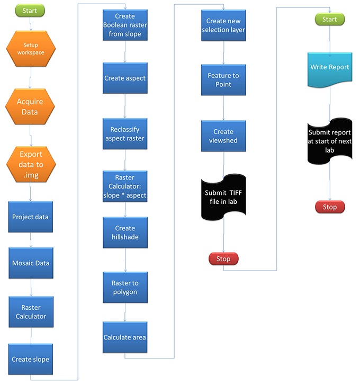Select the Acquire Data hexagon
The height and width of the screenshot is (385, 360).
tap(30, 106)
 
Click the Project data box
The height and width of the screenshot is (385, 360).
tap(31, 217)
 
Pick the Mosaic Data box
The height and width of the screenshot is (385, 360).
tap(31, 263)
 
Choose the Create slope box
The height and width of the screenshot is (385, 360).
tap(31, 360)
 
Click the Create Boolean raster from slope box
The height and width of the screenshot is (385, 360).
tap(125, 25)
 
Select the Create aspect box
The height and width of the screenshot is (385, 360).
tap(125, 78)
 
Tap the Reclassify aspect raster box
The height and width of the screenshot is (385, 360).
tap(125, 134)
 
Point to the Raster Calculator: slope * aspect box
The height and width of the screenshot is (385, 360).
tap(125, 186)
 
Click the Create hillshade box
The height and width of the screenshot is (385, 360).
tap(125, 232)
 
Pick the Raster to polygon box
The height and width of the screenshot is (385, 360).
tap(125, 288)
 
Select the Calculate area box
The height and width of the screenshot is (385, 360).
tap(125, 337)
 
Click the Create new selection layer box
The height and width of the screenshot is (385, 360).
tap(223, 25)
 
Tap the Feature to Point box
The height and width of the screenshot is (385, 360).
tap(223, 80)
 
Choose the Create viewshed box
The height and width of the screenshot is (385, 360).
tap(223, 136)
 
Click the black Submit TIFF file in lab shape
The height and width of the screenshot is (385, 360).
tap(223, 195)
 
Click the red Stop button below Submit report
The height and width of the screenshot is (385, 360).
tap(330, 207)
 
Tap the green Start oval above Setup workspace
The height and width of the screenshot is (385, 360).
tap(30, 10)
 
